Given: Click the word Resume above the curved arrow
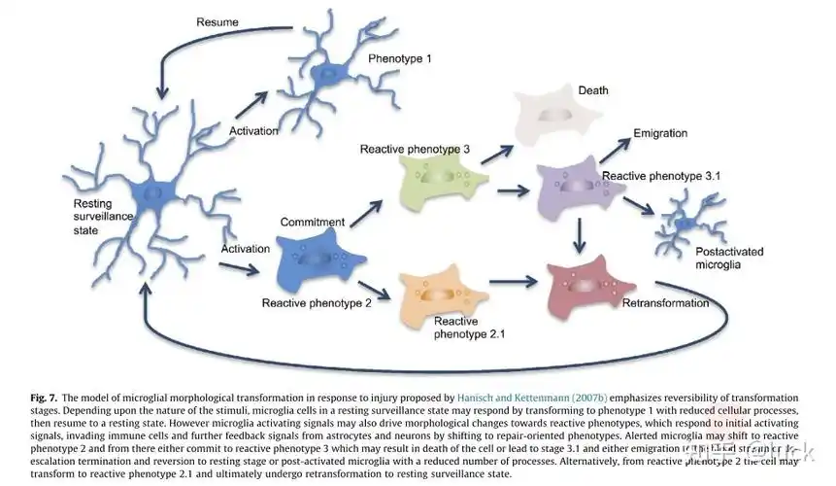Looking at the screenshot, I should pyautogui.click(x=217, y=21).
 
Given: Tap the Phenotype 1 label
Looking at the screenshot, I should pyautogui.click(x=400, y=58).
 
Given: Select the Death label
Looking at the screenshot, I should pyautogui.click(x=593, y=90).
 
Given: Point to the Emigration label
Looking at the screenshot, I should pyautogui.click(x=660, y=133).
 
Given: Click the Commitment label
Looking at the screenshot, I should pyautogui.click(x=313, y=223).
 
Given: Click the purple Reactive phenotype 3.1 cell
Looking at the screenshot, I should pyautogui.click(x=575, y=189).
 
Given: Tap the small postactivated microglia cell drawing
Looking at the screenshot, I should pyautogui.click(x=687, y=224).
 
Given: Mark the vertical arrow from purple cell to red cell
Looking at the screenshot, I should pyautogui.click(x=580, y=233).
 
